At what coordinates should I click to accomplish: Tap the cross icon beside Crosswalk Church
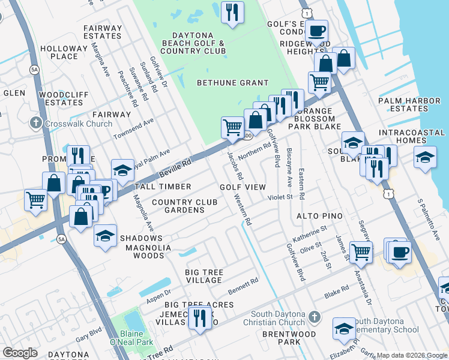click(x=36, y=124)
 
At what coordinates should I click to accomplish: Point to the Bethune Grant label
click(x=233, y=83)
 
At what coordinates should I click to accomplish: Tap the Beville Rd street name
click(x=175, y=168)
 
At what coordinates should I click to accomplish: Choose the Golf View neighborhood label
click(x=243, y=187)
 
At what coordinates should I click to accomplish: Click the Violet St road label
click(x=279, y=197)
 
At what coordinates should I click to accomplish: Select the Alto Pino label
click(x=319, y=215)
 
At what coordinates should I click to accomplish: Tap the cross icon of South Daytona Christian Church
click(x=315, y=316)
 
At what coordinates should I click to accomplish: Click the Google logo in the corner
click(x=20, y=353)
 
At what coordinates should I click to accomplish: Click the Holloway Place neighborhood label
click(x=64, y=52)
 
